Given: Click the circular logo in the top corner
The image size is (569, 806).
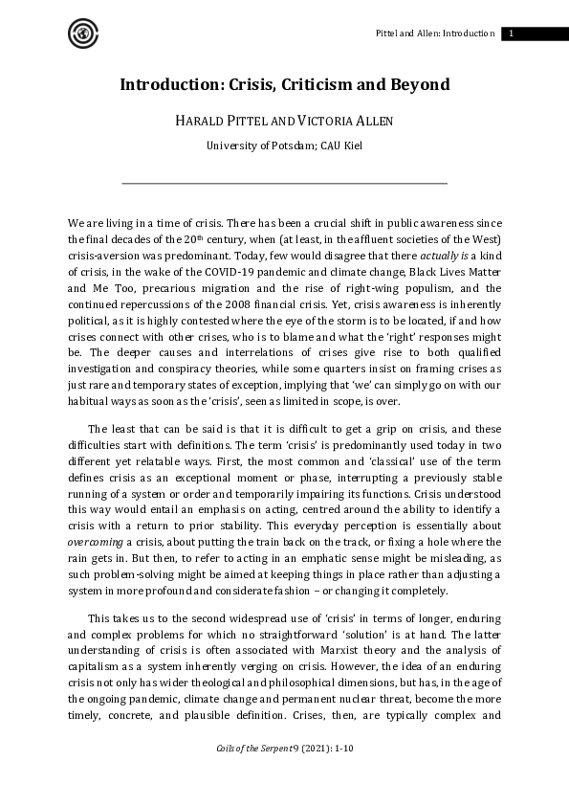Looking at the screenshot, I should pyautogui.click(x=83, y=34).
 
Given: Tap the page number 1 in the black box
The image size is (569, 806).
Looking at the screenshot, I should pyautogui.click(x=512, y=34).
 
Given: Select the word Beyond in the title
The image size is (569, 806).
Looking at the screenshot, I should pyautogui.click(x=416, y=84).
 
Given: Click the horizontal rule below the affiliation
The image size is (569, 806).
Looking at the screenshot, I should pyautogui.click(x=284, y=183).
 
